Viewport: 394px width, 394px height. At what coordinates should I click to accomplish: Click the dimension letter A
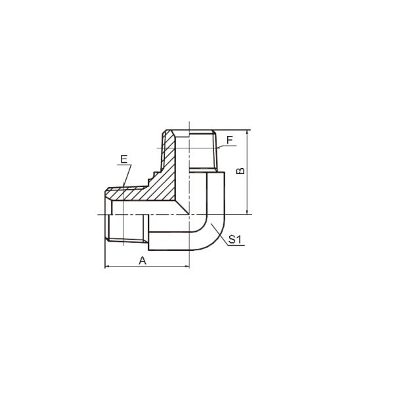(142, 260)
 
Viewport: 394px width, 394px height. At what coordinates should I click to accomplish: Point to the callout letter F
(229, 140)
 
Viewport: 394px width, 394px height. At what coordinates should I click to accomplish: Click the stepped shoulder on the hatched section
(152, 176)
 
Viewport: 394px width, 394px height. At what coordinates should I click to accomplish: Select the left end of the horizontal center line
(98, 215)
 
